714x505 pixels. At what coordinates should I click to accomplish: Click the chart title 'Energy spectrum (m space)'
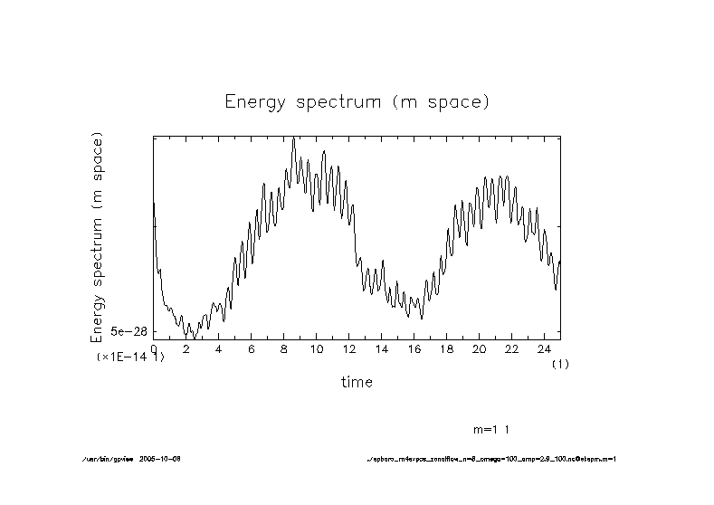pos(357,101)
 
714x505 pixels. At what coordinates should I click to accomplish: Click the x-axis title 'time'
pos(357,382)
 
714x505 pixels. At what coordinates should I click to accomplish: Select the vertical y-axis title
pos(98,237)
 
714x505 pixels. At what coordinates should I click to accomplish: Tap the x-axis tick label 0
pos(154,348)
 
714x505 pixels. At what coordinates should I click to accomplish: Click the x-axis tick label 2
pos(186,348)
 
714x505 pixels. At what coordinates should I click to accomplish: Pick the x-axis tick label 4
pos(219,348)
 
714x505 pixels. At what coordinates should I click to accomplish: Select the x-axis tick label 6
pos(252,348)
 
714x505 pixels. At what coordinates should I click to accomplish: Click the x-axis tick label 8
pos(284,348)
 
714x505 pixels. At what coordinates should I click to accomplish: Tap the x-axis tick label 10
pos(317,348)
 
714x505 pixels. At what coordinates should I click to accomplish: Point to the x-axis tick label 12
pos(349,348)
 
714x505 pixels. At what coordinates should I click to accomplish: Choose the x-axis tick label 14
pos(382,348)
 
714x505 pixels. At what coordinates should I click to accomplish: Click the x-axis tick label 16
pos(414,348)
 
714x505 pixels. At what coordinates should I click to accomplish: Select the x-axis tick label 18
pos(447,348)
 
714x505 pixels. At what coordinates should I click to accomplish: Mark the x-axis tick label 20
pos(480,348)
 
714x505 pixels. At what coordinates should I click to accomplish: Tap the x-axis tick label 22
pos(512,348)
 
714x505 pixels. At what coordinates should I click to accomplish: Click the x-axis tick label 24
pos(545,348)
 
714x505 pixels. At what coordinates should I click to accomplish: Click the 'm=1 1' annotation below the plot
pos(498,428)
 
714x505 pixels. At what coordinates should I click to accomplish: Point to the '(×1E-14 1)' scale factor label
pos(130,358)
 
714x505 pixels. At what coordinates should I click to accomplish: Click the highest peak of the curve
pos(294,138)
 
